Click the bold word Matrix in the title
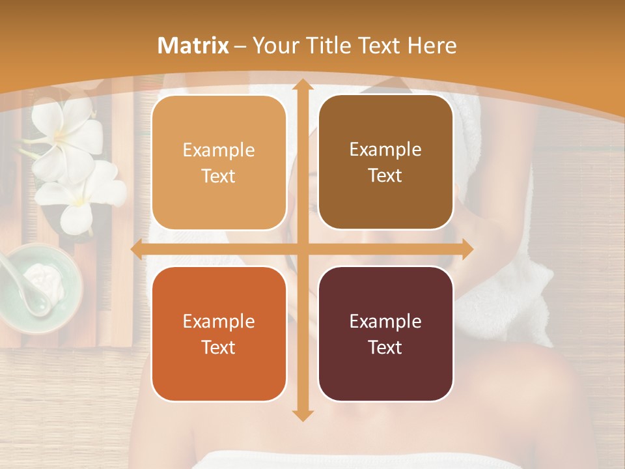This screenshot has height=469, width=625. click(193, 46)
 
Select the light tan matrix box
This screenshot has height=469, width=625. click(219, 163)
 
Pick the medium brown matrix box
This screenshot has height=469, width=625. click(385, 162)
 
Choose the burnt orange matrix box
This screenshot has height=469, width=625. click(219, 334)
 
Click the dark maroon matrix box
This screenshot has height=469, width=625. click(385, 334)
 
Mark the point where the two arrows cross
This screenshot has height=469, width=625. click(302, 249)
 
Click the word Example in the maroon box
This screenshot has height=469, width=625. click(385, 321)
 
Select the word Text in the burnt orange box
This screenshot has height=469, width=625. click(219, 347)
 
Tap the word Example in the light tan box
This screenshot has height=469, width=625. click(219, 150)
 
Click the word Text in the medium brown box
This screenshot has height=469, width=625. click(385, 176)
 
